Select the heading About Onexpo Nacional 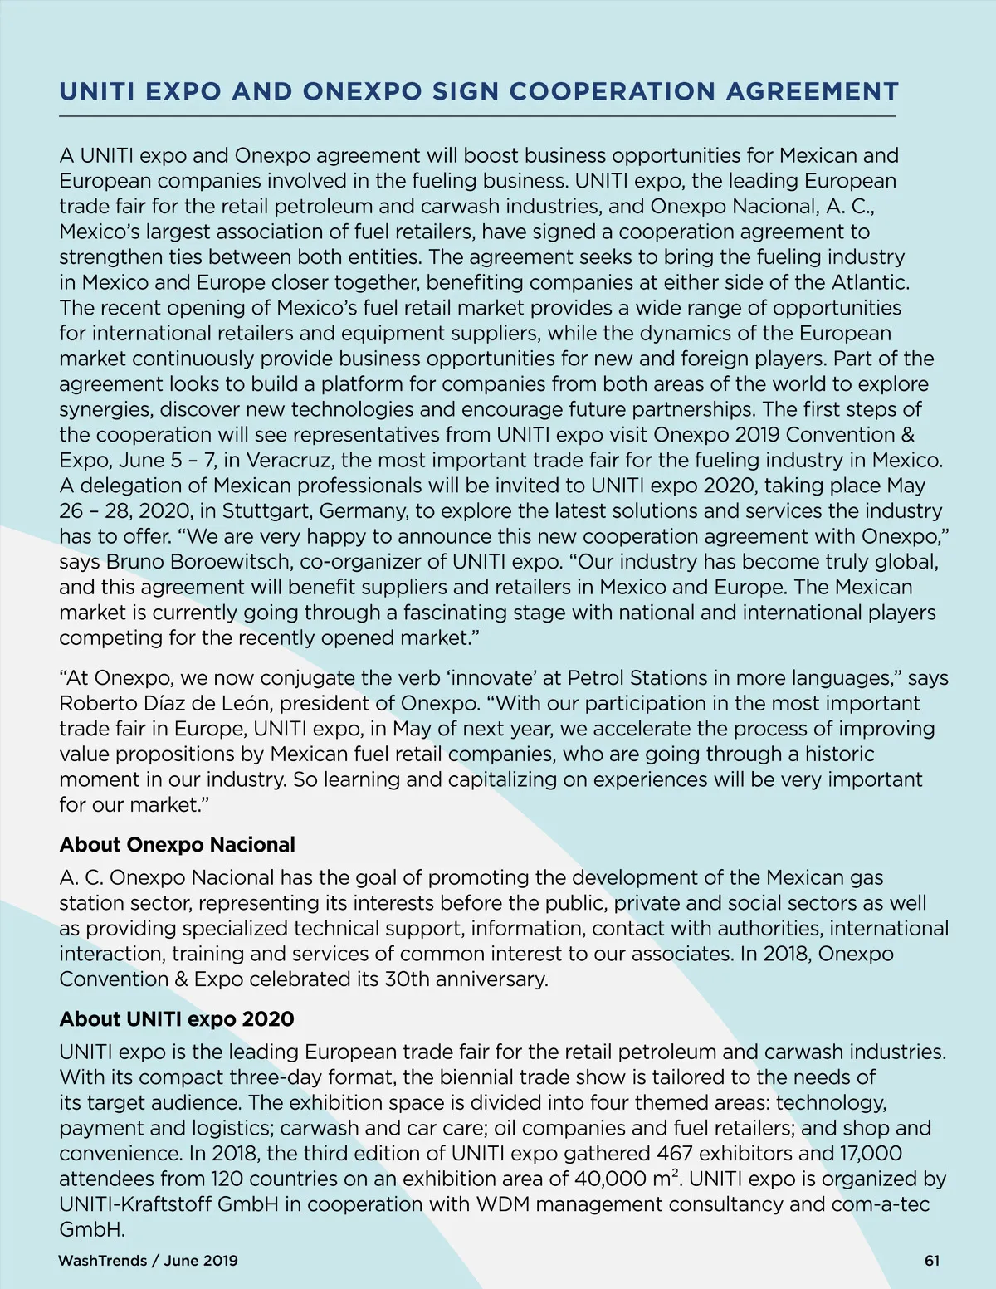[x=177, y=845]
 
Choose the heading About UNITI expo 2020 [x=176, y=1019]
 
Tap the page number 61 [x=931, y=1261]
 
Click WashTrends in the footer [x=102, y=1261]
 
